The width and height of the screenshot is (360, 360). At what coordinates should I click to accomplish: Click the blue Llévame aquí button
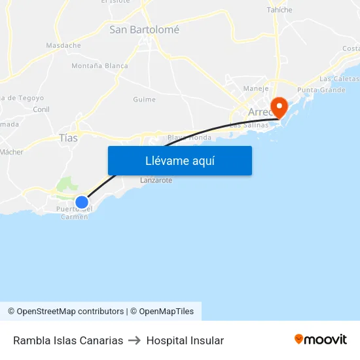pos(179,160)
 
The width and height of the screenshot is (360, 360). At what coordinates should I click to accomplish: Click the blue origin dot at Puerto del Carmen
pos(81,202)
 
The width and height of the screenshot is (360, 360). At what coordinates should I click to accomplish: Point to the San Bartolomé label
pos(144,29)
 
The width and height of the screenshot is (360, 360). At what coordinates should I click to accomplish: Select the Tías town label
pos(68,138)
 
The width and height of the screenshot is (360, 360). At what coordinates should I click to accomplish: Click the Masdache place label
pos(63,46)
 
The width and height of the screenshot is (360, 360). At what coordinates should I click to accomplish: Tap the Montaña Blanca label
pos(99,66)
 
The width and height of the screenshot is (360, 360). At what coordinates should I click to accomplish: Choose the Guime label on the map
pos(144,99)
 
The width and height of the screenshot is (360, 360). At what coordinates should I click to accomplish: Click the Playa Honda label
pos(189,137)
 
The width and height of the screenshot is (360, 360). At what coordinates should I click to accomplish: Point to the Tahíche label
pos(279,10)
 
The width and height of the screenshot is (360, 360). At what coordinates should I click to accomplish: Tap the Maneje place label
pos(256,88)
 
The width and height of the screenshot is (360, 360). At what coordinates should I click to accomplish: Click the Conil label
pos(41,109)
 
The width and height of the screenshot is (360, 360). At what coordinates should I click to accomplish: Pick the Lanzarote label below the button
pos(156,180)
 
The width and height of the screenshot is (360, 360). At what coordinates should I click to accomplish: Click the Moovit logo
pos(321,340)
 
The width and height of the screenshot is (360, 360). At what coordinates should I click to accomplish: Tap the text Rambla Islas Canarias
pos(68,340)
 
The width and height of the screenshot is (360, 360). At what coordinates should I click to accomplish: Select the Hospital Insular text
pos(185,340)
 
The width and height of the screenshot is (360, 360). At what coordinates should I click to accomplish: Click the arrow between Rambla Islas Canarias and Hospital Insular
pos(135,340)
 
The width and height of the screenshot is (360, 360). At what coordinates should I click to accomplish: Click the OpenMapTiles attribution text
pos(162,312)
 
